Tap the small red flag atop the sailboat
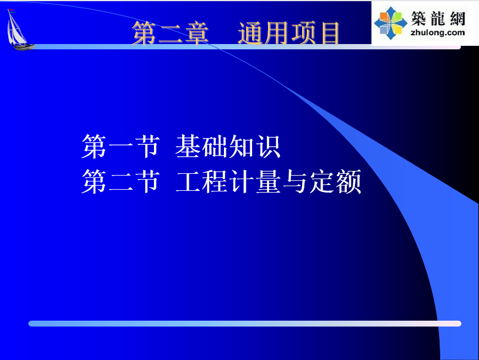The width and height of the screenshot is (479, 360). point(12,10)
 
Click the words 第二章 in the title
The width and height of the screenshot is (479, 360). point(170,33)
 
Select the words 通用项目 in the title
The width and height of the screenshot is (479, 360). point(289,33)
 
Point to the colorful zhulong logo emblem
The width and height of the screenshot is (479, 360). point(391,23)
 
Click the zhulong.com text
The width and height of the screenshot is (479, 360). point(437,32)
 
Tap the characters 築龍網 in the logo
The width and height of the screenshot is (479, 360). point(438,18)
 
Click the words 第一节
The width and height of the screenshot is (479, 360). point(120,147)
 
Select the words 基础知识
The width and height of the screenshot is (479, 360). point(228,147)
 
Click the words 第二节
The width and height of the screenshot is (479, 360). point(120,181)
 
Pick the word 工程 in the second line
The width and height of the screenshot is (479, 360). point(202,181)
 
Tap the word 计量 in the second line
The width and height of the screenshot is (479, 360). point(255,181)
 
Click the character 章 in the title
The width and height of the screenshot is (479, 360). point(197,33)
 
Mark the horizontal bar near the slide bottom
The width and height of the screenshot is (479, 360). point(244,324)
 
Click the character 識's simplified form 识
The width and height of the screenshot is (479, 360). point(268,147)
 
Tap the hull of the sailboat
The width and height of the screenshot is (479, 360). point(22,47)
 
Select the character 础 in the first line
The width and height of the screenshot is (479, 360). point(215,147)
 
